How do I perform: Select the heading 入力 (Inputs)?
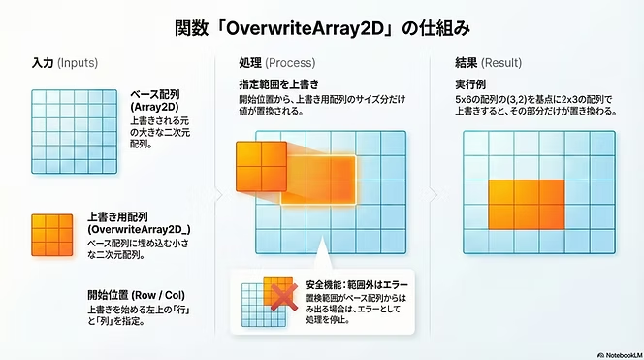[x=64, y=62]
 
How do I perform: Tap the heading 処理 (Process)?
[x=276, y=62]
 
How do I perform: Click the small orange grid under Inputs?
[x=53, y=236]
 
